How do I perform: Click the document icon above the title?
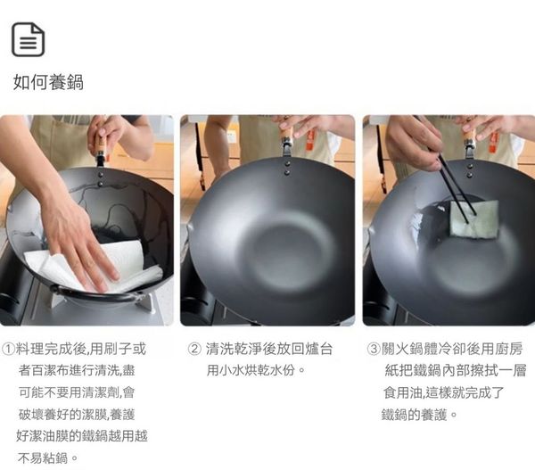point(29,39)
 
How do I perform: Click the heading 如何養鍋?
point(48,82)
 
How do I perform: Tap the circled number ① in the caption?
point(8,349)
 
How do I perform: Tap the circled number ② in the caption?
point(194,349)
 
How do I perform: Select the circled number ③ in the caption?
point(374,349)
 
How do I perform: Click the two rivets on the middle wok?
point(287,168)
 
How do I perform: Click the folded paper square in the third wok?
point(474,219)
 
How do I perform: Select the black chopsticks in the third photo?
point(457,190)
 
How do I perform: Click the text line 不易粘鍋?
point(48,458)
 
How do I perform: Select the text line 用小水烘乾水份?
point(256,370)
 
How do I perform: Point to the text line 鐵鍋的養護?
point(419,415)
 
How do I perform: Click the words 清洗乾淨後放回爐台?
point(269,349)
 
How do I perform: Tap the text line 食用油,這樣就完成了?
point(443,393)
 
